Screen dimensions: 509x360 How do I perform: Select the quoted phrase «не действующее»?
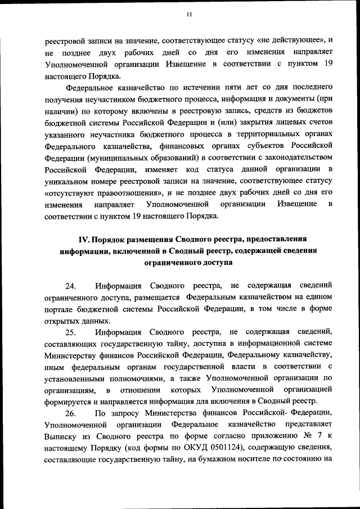point(292,40)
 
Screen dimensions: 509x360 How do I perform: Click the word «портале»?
point(60,309)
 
